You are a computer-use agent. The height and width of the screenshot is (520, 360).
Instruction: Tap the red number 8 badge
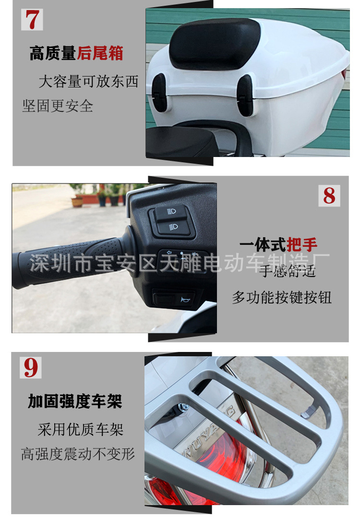[329, 195]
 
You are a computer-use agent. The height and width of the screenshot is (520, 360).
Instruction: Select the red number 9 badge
[31, 367]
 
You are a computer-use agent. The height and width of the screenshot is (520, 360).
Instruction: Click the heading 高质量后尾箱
[76, 53]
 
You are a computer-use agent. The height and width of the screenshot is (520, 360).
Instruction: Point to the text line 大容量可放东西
[88, 82]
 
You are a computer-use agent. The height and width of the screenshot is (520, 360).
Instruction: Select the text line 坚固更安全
[58, 106]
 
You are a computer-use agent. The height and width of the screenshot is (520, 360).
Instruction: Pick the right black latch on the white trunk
[245, 96]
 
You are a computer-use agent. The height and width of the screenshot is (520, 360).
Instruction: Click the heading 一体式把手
[278, 245]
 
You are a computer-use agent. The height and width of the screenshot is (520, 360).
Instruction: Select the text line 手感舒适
[288, 272]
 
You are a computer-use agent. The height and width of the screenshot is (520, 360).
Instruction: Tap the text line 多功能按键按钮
[282, 297]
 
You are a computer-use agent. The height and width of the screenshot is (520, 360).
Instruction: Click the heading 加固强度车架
[75, 401]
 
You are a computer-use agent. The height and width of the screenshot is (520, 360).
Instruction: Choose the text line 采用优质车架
[81, 429]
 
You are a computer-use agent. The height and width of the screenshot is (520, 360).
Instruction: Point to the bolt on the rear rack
[182, 409]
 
